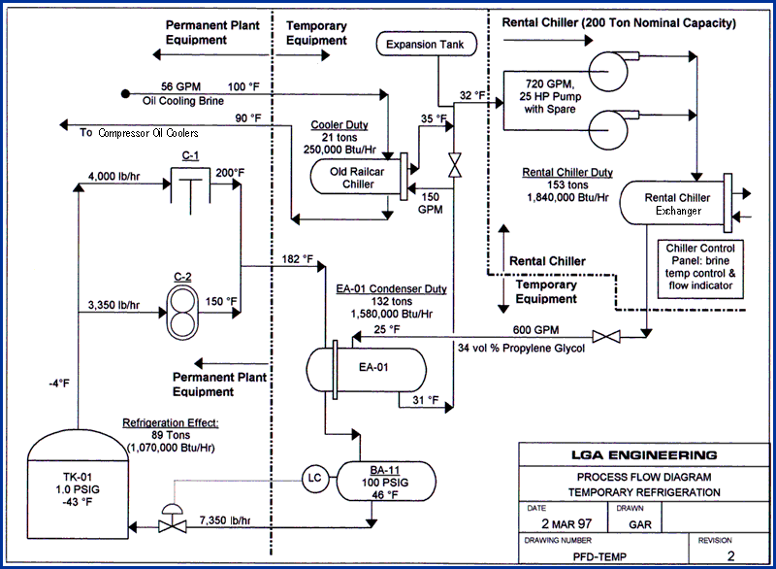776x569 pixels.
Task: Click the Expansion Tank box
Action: (x=424, y=44)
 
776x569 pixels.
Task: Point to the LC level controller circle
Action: (x=313, y=477)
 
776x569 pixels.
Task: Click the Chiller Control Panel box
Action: (x=702, y=266)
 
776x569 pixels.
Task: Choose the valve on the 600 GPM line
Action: (x=607, y=337)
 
